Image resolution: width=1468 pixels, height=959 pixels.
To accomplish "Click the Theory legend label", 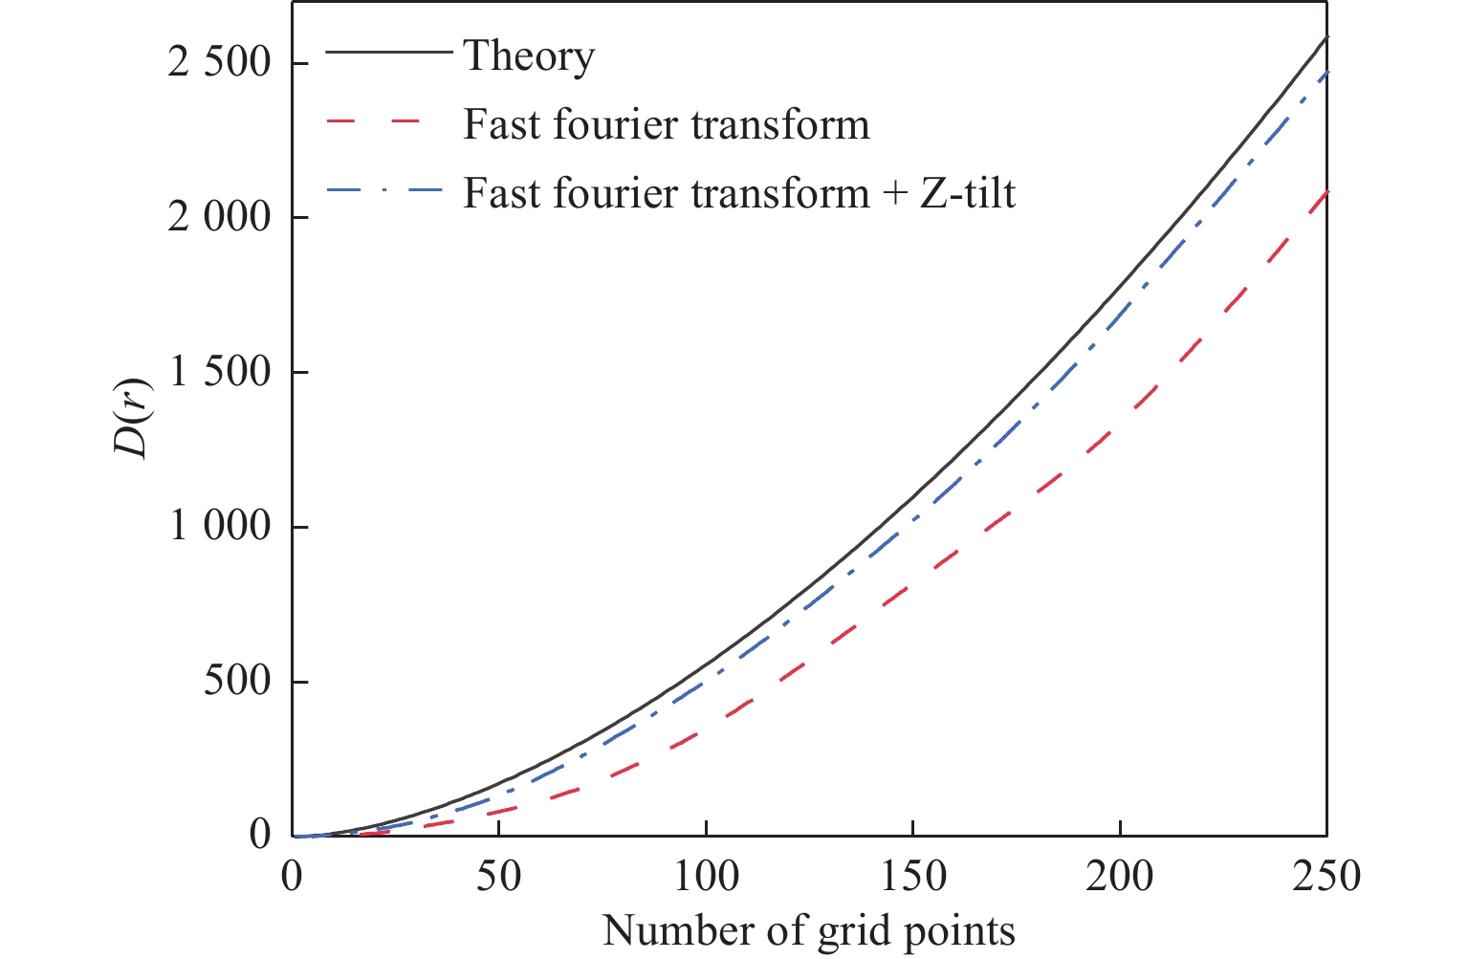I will coord(529,56).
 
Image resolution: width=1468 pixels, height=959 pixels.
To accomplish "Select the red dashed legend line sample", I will coord(387,124).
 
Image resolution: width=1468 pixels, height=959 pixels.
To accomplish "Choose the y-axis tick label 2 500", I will coord(219,63).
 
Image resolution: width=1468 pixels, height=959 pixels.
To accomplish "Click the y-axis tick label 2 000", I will coord(219,218).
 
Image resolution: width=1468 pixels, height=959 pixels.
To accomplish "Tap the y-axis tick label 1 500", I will coord(219,373).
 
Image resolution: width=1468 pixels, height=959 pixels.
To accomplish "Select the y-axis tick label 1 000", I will coord(219,527).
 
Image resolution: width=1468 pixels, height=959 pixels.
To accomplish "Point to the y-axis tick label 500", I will coord(237,682).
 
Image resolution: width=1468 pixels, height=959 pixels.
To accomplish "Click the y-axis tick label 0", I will coord(260,835).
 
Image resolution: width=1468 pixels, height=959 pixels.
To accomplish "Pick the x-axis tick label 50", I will coord(498,877).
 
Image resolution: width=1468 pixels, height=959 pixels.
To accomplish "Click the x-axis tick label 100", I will coord(706,877).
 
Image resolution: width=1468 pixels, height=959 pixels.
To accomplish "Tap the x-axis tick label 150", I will coord(912,877).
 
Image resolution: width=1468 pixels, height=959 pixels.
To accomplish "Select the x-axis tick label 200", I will coord(1120,877).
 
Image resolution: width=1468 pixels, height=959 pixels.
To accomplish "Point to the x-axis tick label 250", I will coord(1326,877).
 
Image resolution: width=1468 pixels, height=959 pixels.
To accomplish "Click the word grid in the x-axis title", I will coord(850,930).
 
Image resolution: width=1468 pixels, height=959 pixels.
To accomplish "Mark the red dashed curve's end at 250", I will coord(1326,192).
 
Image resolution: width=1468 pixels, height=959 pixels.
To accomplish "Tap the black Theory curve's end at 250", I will coord(1326,37).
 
